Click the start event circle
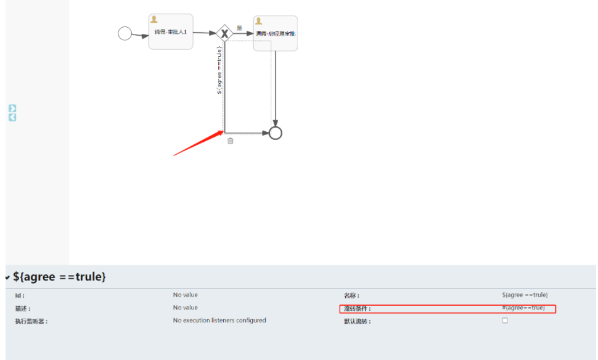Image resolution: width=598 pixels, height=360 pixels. point(125,33)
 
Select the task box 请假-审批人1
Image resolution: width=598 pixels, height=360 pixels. point(171,31)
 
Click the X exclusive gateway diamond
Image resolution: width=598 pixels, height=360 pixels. point(224,33)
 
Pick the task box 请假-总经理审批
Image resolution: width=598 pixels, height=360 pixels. point(275,33)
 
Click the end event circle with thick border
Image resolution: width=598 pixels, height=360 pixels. point(276,133)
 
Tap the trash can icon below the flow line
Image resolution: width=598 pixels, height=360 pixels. point(231,141)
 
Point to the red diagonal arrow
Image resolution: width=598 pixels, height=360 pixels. point(198,143)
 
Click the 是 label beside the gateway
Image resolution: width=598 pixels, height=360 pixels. point(239,28)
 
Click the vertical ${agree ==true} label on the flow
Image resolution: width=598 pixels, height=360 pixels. point(219,70)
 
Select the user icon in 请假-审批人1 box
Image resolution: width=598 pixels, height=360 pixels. point(154,20)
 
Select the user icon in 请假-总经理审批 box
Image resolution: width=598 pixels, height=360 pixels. point(259,21)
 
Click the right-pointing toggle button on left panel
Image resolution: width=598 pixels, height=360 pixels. point(12,108)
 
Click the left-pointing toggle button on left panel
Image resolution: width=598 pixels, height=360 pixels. point(12,117)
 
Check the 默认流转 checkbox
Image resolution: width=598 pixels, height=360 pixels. point(505,321)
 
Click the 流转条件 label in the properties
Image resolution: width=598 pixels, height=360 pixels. point(358,309)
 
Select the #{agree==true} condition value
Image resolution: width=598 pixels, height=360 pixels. point(523,308)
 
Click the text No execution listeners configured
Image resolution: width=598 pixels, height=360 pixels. point(219,321)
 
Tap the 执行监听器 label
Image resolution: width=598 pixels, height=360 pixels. point(31,321)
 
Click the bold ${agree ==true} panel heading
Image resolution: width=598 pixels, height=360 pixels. point(59,277)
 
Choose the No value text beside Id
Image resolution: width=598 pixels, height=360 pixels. point(186,295)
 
